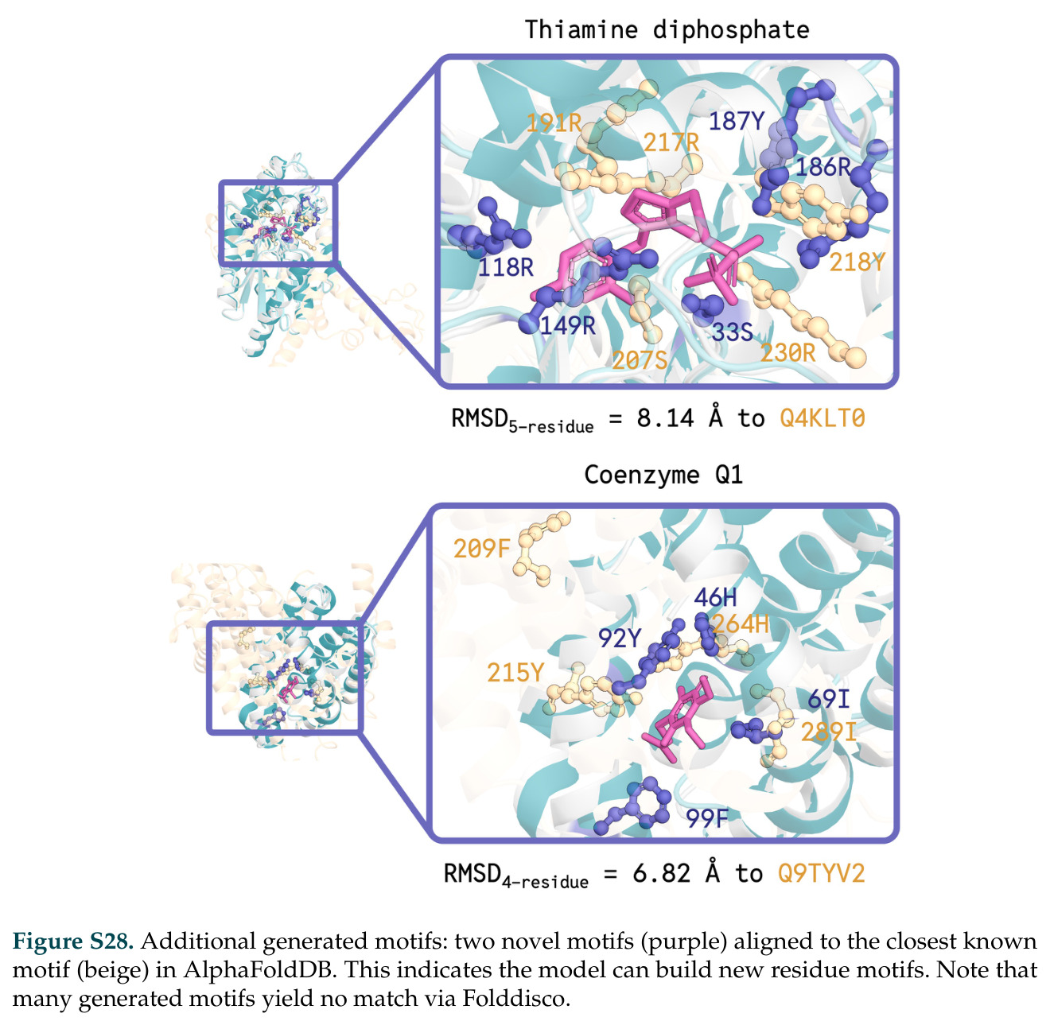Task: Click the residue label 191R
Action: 554,123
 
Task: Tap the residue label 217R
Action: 671,142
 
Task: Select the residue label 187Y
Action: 736,121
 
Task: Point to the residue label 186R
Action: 822,167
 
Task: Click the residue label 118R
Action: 506,267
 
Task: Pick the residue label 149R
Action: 568,325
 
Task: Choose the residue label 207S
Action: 640,360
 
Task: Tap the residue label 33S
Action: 732,332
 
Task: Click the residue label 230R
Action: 787,353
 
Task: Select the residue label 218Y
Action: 857,262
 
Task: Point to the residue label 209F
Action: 481,549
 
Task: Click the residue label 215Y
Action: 515,672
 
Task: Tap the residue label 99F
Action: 707,817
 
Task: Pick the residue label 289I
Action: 828,732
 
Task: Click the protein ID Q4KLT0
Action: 822,418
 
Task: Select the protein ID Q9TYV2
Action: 821,873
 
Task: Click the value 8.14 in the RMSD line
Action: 665,418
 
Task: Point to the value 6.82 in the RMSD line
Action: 661,873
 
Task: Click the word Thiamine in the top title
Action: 581,29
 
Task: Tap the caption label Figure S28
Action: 73,940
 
